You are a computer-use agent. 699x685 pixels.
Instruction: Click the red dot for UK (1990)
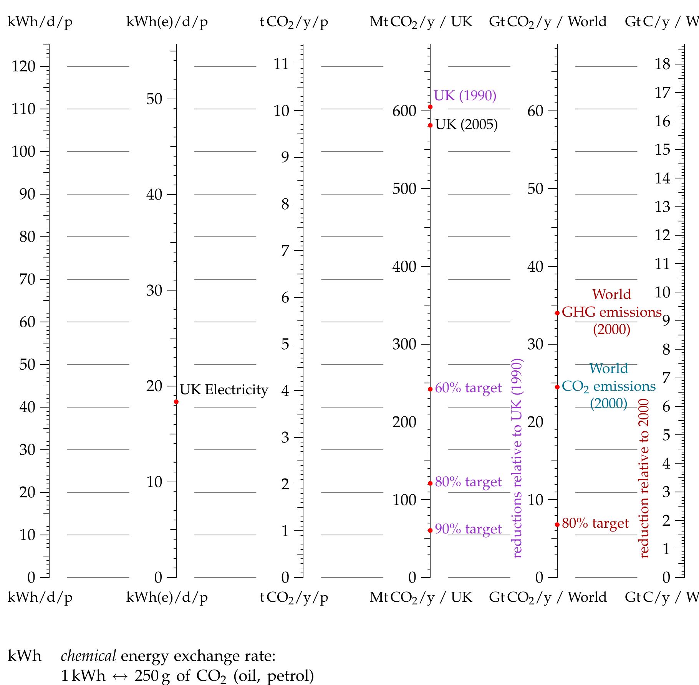(430, 107)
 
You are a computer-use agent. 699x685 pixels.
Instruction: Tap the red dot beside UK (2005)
(430, 125)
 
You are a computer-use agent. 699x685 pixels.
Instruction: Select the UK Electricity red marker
(176, 402)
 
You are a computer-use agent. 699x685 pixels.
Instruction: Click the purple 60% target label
(468, 388)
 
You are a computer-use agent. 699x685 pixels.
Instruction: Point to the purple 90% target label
(468, 529)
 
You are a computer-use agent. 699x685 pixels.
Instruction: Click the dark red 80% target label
(595, 523)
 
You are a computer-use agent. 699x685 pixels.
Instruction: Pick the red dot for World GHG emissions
(557, 313)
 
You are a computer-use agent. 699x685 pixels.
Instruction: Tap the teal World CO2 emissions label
(609, 386)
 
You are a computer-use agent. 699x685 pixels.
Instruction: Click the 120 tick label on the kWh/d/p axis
(23, 66)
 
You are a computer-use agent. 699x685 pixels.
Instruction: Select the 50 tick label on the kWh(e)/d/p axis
(154, 99)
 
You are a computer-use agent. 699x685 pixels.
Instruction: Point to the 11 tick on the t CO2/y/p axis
(281, 64)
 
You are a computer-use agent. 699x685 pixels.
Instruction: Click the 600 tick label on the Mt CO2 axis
(404, 111)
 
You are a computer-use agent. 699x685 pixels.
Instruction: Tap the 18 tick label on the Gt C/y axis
(663, 64)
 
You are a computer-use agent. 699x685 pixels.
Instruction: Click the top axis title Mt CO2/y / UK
(421, 21)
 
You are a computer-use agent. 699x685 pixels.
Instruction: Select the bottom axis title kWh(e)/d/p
(167, 597)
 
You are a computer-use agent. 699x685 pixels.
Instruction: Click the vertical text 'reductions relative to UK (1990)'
(517, 458)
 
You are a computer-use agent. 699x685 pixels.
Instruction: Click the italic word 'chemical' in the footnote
(88, 656)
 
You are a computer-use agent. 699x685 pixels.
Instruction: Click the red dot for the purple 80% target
(430, 484)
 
